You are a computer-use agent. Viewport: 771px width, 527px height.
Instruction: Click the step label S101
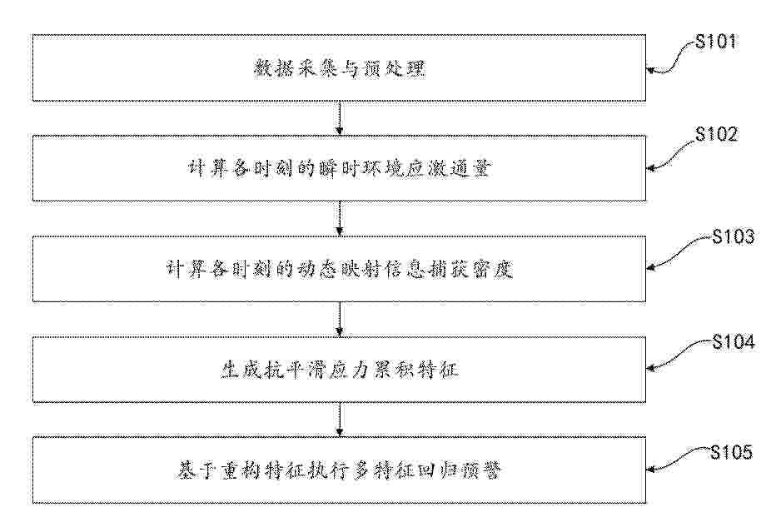click(x=716, y=42)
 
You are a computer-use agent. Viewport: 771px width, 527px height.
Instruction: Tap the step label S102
click(x=716, y=134)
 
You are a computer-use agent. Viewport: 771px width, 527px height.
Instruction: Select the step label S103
click(x=734, y=236)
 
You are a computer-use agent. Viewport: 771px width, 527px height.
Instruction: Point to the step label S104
click(x=734, y=341)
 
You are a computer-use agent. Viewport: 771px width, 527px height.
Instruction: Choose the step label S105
click(x=732, y=451)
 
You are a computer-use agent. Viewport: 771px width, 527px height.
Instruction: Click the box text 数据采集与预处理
click(x=339, y=68)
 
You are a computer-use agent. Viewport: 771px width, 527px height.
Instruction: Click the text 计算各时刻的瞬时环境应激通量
click(x=339, y=169)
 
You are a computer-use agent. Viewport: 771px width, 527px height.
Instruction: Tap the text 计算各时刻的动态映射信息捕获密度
click(x=339, y=270)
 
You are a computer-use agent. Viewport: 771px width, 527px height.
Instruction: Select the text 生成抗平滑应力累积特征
click(x=339, y=370)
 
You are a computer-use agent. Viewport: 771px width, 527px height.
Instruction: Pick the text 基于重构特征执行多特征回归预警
click(x=339, y=470)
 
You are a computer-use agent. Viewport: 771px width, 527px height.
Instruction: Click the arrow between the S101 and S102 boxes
click(x=339, y=118)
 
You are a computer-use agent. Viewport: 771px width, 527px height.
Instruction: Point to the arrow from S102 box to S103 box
click(x=339, y=218)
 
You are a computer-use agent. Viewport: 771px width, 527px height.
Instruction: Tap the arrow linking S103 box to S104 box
click(x=339, y=319)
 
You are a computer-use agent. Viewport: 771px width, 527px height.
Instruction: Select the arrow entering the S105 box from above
click(x=339, y=420)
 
